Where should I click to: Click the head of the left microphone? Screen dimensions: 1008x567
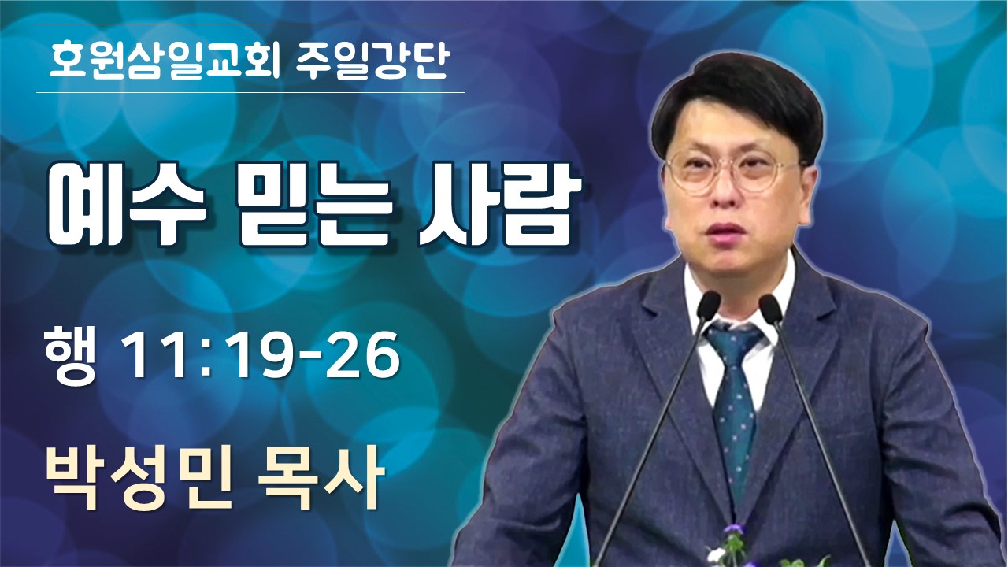(x=708, y=306)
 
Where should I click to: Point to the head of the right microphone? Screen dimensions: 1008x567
(x=770, y=309)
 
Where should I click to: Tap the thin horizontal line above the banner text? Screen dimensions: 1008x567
(x=250, y=24)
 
